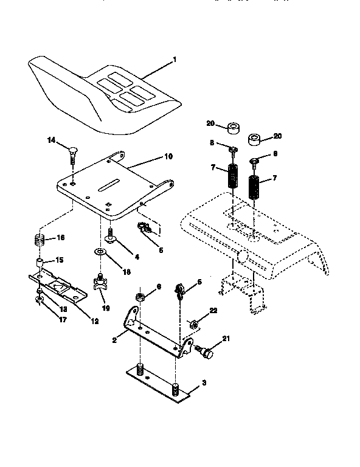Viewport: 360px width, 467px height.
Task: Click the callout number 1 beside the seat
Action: [x=175, y=60]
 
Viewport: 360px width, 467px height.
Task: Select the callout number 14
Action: [x=52, y=140]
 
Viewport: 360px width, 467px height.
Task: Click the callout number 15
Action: [x=60, y=260]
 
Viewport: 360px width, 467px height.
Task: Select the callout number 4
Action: [x=137, y=257]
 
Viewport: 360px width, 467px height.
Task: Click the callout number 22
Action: [x=212, y=310]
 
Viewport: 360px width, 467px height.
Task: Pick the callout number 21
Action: [x=226, y=339]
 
